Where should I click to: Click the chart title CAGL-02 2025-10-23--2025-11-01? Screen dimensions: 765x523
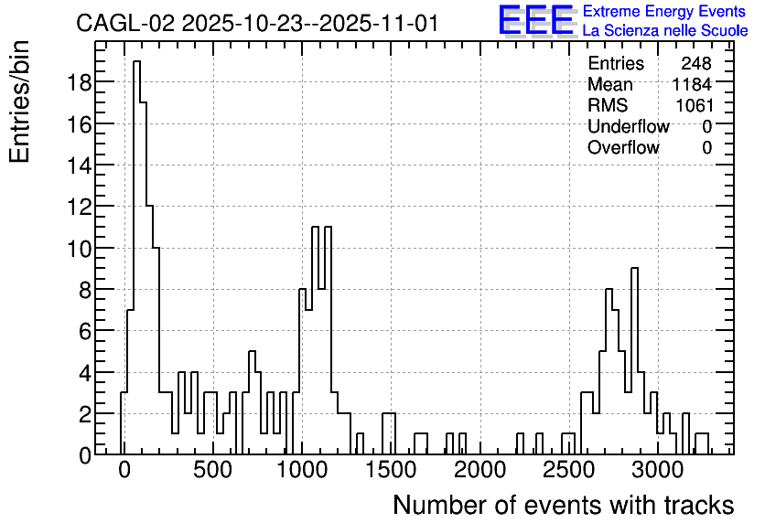(x=258, y=24)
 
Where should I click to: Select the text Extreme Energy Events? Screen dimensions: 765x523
(x=664, y=11)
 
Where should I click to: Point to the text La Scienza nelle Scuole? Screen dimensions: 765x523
(x=665, y=31)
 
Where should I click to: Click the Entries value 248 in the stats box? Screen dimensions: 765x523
(x=696, y=63)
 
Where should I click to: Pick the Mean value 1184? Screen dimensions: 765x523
(x=692, y=84)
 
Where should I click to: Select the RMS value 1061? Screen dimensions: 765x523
(x=695, y=105)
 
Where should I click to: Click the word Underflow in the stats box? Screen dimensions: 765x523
(x=629, y=126)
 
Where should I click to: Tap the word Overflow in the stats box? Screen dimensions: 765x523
(x=623, y=147)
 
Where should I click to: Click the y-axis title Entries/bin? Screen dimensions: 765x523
(x=19, y=101)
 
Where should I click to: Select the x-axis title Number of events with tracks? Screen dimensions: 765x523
(x=564, y=505)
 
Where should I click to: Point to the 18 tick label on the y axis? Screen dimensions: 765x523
(x=78, y=82)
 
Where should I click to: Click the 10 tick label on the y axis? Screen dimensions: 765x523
(x=78, y=248)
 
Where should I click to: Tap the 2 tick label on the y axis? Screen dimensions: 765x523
(x=85, y=414)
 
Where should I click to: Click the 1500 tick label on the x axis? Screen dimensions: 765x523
(x=391, y=470)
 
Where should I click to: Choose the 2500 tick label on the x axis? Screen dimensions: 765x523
(x=569, y=470)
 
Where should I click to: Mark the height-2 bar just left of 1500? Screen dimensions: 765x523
(x=389, y=433)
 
